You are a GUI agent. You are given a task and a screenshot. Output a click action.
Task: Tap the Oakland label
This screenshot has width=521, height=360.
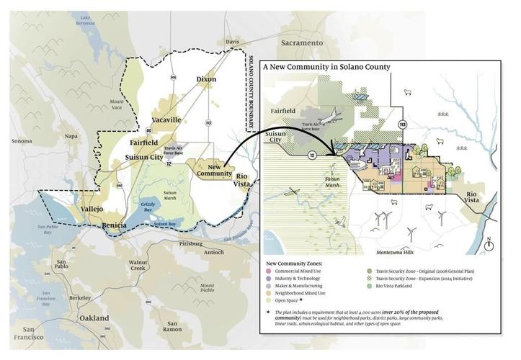tap(94, 318)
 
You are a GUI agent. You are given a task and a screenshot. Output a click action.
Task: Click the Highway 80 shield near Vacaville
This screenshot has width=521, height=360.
tap(149, 130)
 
